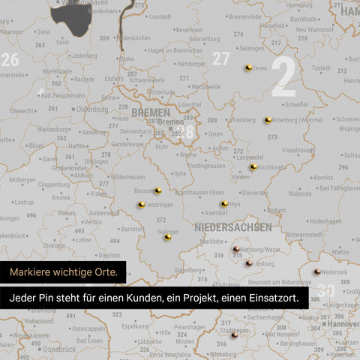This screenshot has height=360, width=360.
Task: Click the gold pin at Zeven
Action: tap(248, 68)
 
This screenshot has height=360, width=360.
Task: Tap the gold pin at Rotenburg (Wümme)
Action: tap(268, 120)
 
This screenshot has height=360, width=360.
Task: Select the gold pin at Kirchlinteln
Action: tap(253, 166)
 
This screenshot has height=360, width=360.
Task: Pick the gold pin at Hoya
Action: tap(224, 203)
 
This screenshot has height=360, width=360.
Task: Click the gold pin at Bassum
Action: tap(157, 190)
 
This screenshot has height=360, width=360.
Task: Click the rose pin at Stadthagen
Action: tap(234, 336)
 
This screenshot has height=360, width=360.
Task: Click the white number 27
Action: tap(220, 58)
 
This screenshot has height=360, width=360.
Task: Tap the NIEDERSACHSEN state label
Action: tap(232, 226)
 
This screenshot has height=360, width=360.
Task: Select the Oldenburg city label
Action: tap(92, 109)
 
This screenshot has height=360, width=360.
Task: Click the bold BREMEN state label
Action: tap(150, 112)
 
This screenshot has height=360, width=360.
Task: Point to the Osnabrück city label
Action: tap(59, 349)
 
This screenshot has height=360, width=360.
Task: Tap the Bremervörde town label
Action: tap(244, 16)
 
